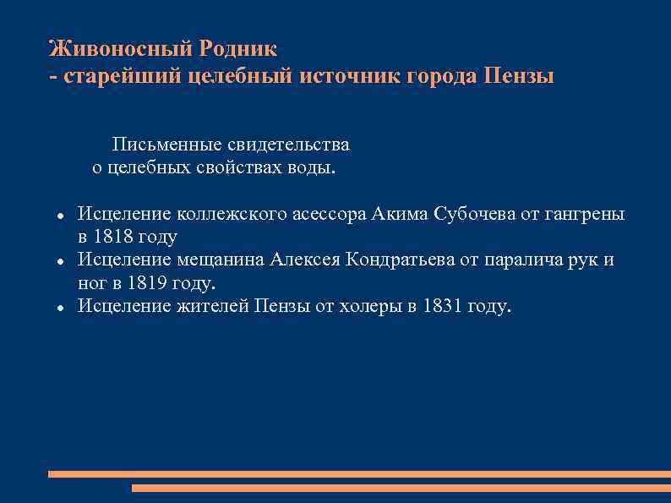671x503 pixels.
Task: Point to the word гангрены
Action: [x=584, y=214]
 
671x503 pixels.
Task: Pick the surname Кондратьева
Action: [x=401, y=260]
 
